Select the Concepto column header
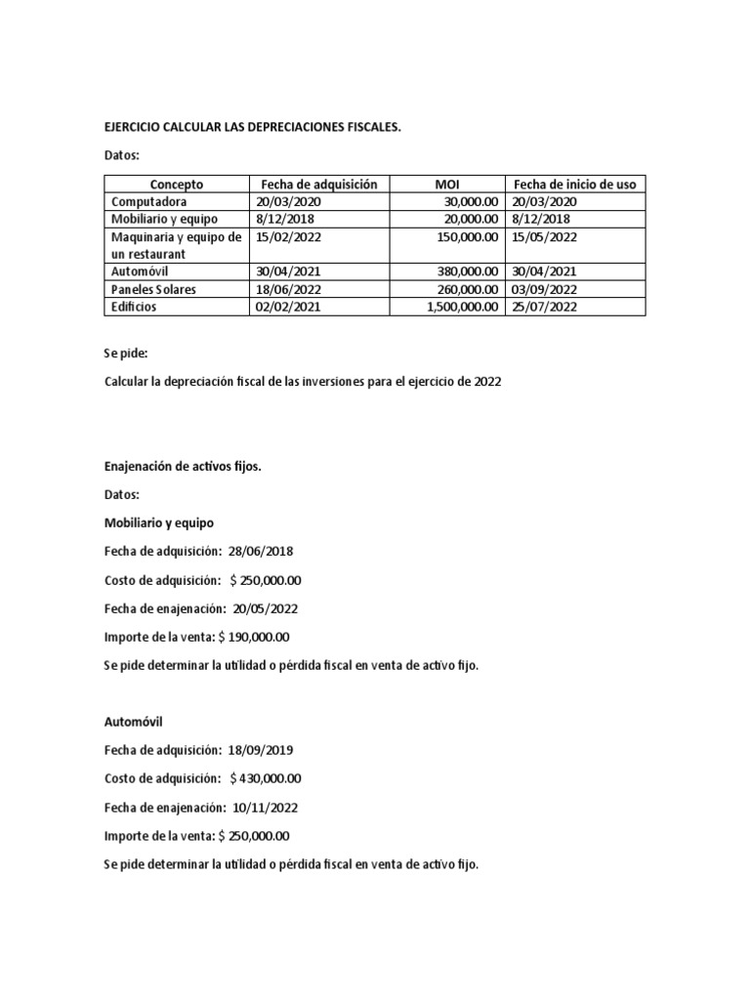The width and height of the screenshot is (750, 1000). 177,184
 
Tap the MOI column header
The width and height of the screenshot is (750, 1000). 446,184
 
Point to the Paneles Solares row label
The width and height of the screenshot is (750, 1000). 154,289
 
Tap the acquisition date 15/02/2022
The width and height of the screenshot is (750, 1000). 289,236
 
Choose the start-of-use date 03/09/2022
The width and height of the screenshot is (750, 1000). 544,289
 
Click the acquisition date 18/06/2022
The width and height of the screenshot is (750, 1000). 289,289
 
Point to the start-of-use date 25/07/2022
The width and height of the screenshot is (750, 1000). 544,307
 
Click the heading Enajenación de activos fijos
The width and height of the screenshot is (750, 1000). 183,467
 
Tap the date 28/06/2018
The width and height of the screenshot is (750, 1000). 263,552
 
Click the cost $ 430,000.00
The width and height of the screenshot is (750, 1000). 266,779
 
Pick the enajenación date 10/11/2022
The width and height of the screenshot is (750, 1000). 266,808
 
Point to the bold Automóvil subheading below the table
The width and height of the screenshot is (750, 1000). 134,723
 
